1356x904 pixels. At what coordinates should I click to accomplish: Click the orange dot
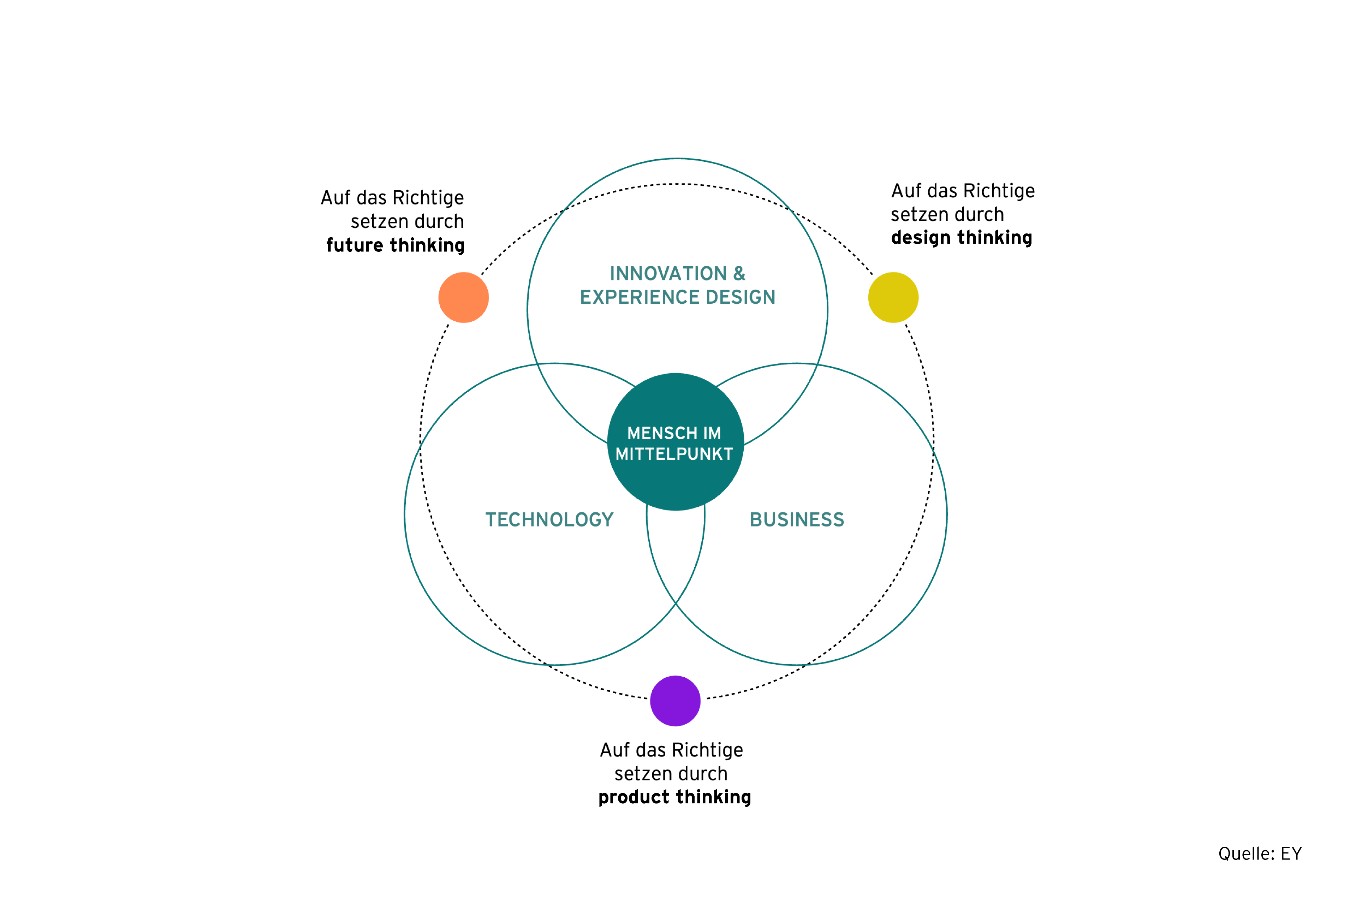tap(464, 297)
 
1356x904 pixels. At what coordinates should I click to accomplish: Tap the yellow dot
tap(893, 297)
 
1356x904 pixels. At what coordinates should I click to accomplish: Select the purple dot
tap(675, 701)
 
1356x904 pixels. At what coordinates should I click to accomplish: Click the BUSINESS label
tap(797, 520)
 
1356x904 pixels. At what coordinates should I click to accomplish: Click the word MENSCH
tap(662, 433)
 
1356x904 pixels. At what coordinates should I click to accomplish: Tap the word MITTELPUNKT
tap(674, 454)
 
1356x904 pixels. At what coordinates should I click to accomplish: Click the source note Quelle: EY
tap(1260, 854)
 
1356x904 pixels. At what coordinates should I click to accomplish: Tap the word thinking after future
tap(427, 246)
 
